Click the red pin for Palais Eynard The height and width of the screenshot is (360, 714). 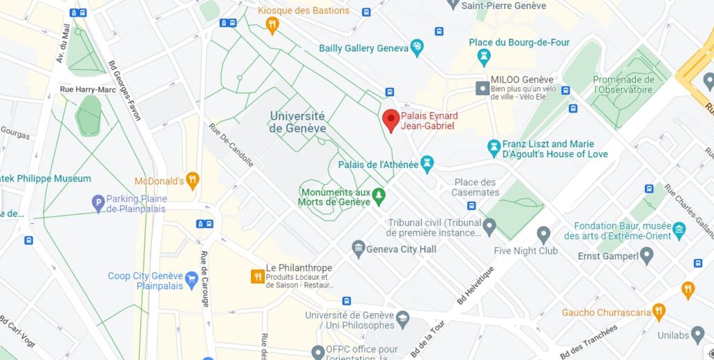coord(390,119)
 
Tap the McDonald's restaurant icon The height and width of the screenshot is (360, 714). coord(193,181)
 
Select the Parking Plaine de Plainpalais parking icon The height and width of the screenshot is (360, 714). coord(98,203)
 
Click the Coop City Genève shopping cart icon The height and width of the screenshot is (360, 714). coord(191,280)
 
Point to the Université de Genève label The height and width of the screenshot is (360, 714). coord(297,122)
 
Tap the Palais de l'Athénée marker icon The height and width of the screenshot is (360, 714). coord(427,165)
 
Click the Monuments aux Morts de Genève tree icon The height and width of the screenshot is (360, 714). coord(379,197)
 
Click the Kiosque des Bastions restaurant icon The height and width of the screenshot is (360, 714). coord(273,26)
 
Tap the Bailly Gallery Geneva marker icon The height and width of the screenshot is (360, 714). coord(417,48)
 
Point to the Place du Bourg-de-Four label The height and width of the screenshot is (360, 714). coord(519,43)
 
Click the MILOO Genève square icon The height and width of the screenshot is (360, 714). coord(482,88)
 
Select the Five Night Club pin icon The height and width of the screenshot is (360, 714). coord(544,235)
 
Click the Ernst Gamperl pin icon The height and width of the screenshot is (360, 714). coord(646,256)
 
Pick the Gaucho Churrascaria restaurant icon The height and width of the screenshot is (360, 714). coord(658,312)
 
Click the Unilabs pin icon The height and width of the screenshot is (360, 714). coord(697,335)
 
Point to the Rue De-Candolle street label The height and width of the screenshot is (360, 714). coord(231,145)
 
